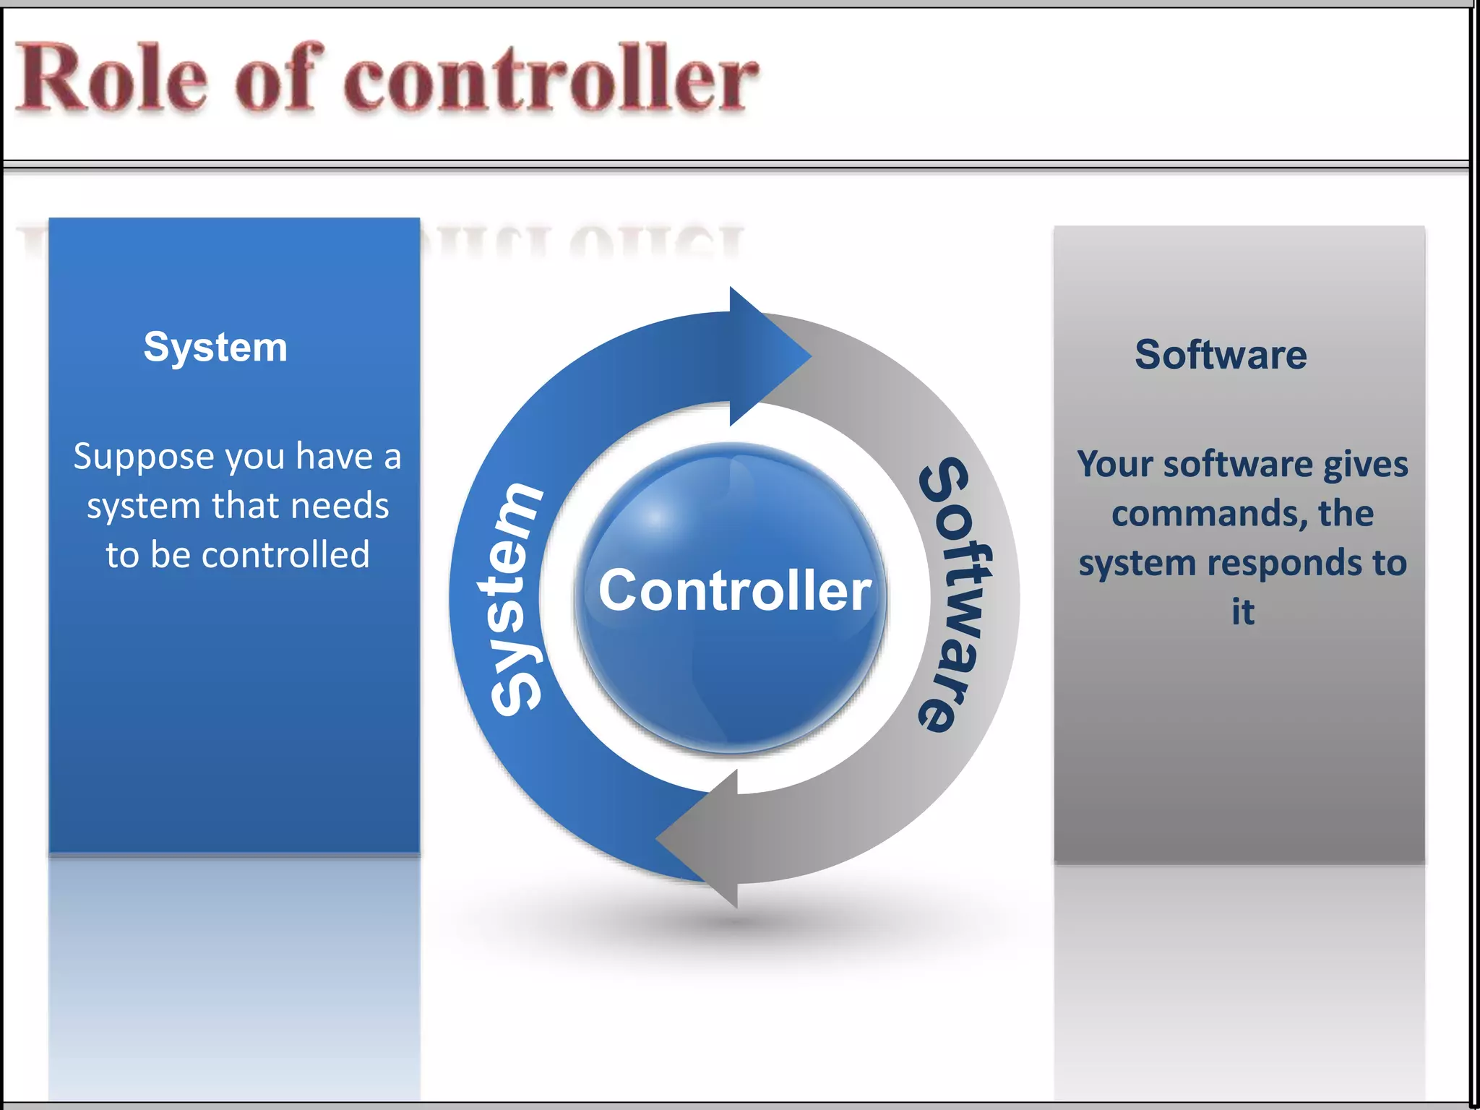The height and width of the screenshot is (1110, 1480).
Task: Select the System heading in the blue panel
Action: (215, 347)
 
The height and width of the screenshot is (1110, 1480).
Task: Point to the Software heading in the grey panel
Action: (1221, 355)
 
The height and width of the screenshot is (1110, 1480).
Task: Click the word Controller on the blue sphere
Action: (734, 590)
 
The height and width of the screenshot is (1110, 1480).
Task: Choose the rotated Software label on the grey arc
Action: (955, 594)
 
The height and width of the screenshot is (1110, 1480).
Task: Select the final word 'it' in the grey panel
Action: (1243, 612)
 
